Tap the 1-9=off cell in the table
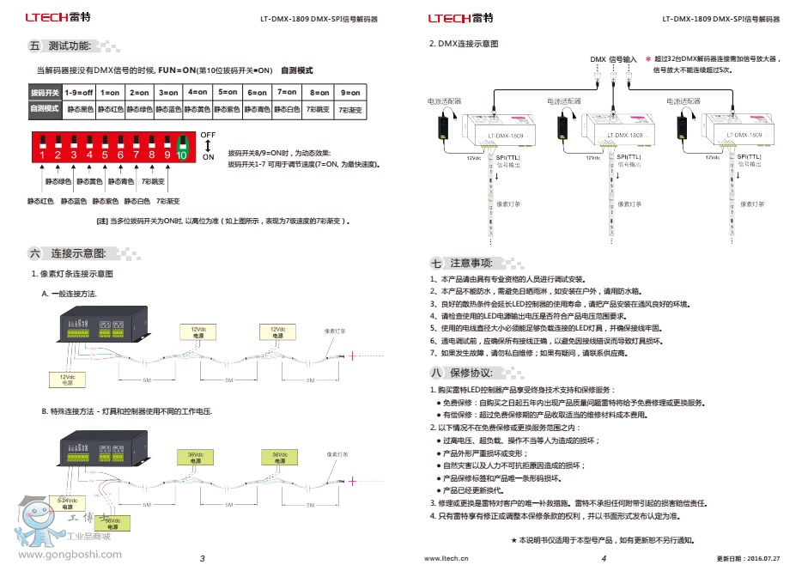[79, 92]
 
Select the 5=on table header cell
[228, 92]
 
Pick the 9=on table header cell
[350, 92]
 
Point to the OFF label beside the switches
[208, 135]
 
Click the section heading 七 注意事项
[462, 263]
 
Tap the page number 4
[603, 558]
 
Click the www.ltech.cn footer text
[447, 558]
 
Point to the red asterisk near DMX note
[647, 59]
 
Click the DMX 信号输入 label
[613, 59]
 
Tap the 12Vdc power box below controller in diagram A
[67, 379]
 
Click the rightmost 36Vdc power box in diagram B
[279, 457]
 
